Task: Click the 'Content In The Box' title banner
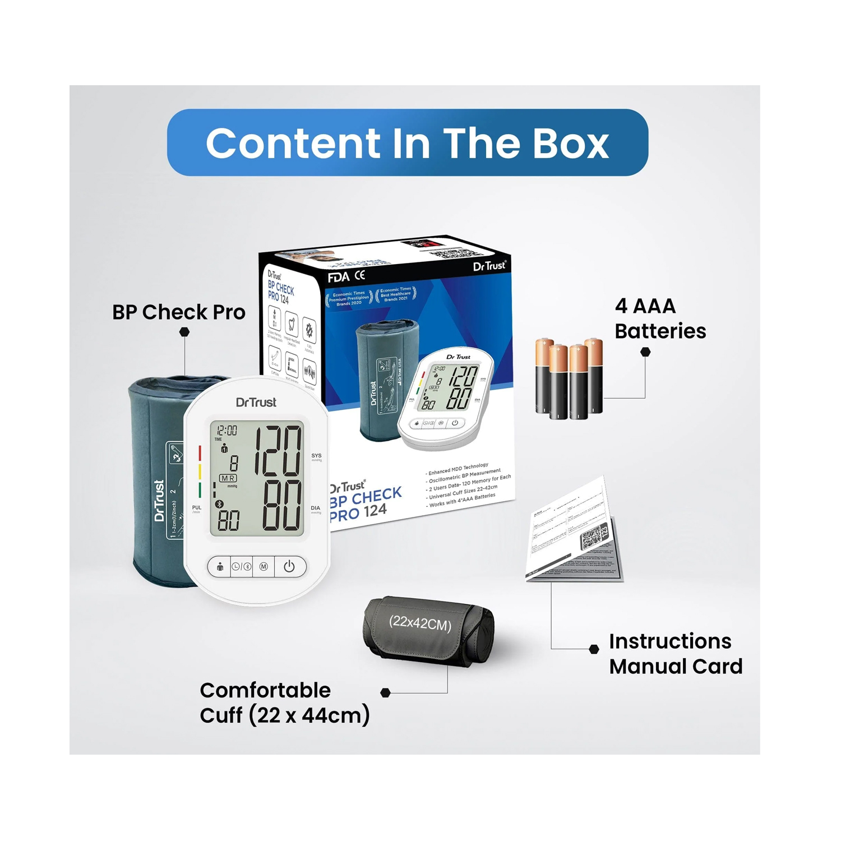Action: coord(408,142)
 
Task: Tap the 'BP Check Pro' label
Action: coord(179,312)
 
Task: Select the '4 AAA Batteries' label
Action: coord(660,318)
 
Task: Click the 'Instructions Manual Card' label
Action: coord(676,654)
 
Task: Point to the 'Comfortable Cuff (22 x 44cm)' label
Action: coord(284,703)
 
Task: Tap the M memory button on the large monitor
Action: coord(264,567)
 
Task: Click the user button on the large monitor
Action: coord(220,567)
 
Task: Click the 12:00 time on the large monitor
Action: coord(227,431)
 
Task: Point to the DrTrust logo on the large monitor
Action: coord(256,402)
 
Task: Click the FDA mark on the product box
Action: coord(339,278)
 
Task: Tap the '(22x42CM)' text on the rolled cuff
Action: coord(420,623)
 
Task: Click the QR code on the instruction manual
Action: coord(593,537)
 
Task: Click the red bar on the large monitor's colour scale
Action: coord(200,453)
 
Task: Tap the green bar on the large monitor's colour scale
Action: coord(200,491)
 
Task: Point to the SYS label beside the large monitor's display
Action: coord(316,456)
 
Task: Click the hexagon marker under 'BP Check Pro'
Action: coord(184,332)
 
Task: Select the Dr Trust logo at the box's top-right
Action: coord(489,266)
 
